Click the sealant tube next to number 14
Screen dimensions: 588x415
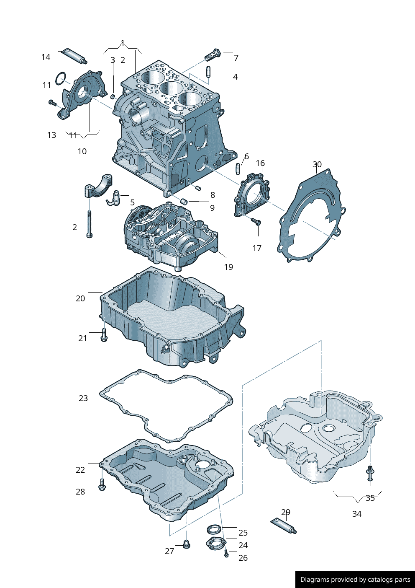click(x=74, y=56)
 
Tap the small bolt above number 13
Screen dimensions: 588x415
click(x=52, y=102)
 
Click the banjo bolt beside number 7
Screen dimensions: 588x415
click(x=213, y=54)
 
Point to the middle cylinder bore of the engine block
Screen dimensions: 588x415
click(x=170, y=88)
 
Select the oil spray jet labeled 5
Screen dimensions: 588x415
click(x=114, y=198)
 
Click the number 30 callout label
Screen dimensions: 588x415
click(x=317, y=164)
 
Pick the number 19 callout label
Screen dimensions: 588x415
click(x=228, y=267)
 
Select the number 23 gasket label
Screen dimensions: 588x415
click(x=83, y=398)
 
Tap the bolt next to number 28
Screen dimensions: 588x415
click(x=102, y=486)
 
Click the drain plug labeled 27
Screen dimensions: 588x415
click(x=187, y=544)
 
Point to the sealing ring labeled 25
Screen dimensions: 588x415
click(x=214, y=529)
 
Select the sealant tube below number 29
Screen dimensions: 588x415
click(x=284, y=526)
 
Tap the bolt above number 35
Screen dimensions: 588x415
click(x=370, y=473)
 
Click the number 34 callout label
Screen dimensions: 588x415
click(x=356, y=514)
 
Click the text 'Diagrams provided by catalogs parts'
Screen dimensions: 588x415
click(x=355, y=580)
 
